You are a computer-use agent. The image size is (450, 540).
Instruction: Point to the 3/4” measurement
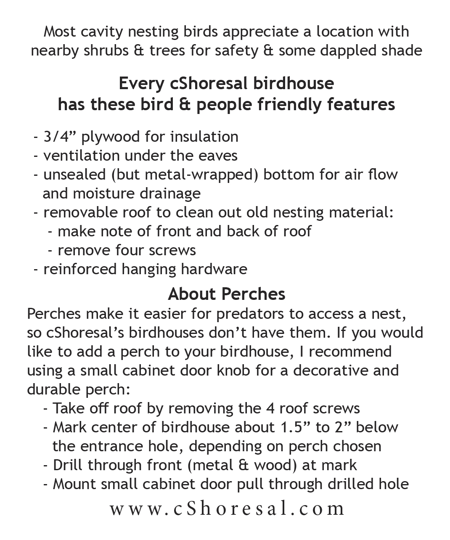click(x=60, y=137)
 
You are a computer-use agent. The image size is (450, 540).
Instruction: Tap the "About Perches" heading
click(x=227, y=294)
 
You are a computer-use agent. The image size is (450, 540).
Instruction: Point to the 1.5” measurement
click(x=295, y=427)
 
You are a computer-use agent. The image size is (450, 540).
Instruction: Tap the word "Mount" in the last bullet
click(x=72, y=484)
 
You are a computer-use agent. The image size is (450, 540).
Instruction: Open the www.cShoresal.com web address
click(x=227, y=509)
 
